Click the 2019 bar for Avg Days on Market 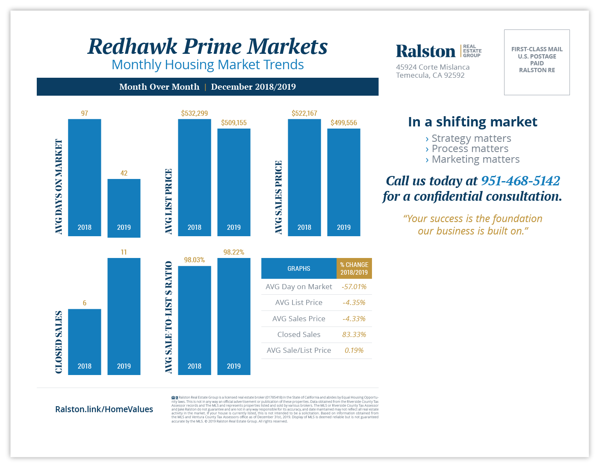pos(124,208)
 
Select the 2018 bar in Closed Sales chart pos(85,342)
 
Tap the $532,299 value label pos(195,114)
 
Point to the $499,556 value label pos(344,123)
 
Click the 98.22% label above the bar pos(234,252)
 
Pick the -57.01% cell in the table pos(354,287)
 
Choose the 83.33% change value pos(354,334)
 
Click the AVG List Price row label pos(299,302)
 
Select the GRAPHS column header pos(299,269)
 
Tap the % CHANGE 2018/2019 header pos(354,269)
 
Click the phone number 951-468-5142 pos(520,181)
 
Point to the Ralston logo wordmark pos(425,51)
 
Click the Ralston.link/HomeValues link pos(104,409)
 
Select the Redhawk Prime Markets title pos(208,47)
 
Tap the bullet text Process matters pos(470,149)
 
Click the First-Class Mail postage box pos(537,62)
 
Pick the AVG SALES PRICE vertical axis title pos(279,197)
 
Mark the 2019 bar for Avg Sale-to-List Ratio pos(234,316)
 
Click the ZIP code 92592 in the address pos(454,76)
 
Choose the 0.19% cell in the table pos(354,350)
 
